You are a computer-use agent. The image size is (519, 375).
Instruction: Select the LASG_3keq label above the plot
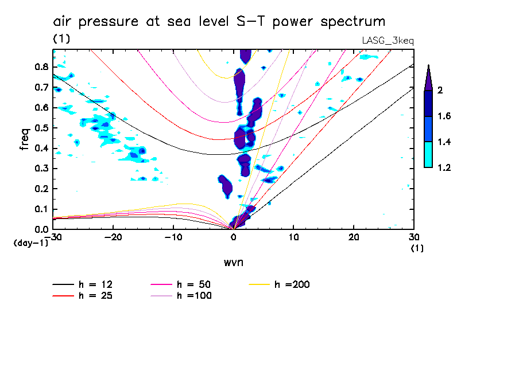click(388, 41)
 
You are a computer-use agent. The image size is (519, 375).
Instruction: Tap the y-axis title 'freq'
click(24, 139)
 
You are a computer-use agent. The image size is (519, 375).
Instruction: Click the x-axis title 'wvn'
click(233, 262)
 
